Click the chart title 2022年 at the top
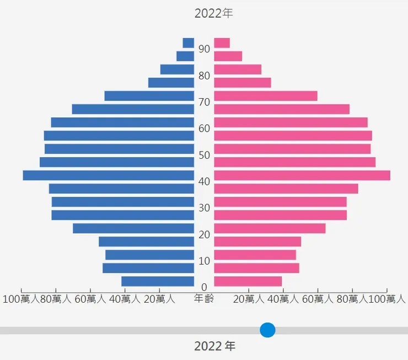click(214, 13)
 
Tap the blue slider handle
click(267, 330)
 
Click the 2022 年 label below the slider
click(214, 347)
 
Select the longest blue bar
click(109, 175)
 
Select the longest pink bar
click(302, 175)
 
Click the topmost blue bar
click(189, 43)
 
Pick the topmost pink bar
click(222, 43)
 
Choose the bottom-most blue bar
click(158, 281)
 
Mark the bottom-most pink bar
click(248, 281)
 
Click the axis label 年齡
click(204, 299)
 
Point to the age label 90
click(205, 49)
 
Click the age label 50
click(205, 155)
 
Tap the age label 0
click(205, 287)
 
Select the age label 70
click(205, 102)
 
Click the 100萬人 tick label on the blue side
click(21, 299)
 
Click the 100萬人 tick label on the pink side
click(386, 299)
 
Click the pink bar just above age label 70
click(265, 96)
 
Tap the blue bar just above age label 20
click(133, 228)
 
